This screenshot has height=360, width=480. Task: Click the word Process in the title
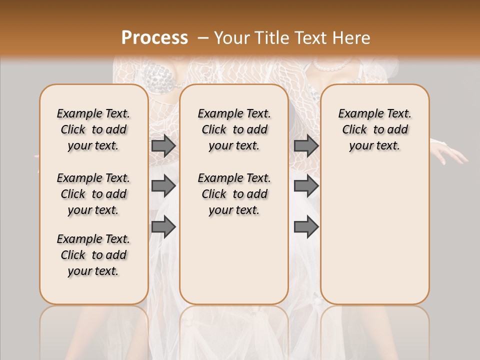coord(154,38)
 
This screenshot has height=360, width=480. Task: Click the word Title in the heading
coord(268,38)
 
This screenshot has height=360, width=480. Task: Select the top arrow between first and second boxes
coord(163,145)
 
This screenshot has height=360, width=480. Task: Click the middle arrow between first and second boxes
coord(163,186)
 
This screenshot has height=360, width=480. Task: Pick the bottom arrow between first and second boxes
coord(163,226)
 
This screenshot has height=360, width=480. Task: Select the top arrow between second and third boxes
coord(306,145)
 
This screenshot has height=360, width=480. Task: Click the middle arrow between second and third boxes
coord(306,186)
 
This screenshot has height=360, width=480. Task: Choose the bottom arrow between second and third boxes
coord(306,226)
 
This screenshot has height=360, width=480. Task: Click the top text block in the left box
coord(93,129)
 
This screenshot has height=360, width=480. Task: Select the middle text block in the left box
coord(93,194)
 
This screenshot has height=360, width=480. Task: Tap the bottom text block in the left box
coord(93,255)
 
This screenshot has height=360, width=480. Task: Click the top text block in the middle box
coord(234,129)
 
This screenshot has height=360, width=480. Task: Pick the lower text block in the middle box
coord(234,194)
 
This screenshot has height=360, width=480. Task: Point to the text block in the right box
coord(375,129)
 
